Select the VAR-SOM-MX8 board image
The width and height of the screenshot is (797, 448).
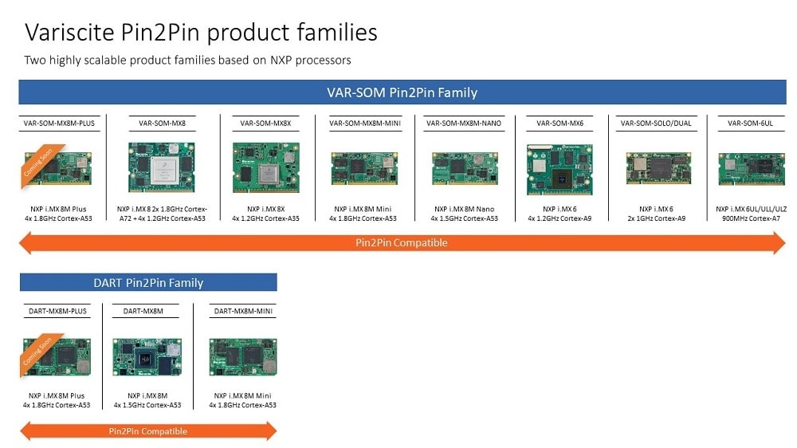pos(162,167)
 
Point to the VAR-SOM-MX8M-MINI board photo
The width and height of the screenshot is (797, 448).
pos(364,168)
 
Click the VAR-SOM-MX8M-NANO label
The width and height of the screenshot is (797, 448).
pos(463,124)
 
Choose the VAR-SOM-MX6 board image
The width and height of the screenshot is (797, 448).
pos(560,169)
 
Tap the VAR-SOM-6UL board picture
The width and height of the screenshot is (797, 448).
pos(751,168)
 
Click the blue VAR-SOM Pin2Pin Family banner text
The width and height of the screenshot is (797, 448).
pos(402,92)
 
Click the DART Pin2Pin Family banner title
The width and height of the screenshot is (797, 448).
pos(147,283)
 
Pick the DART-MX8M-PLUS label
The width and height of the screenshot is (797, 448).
pos(57,312)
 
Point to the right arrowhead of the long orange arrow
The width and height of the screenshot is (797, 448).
pos(779,242)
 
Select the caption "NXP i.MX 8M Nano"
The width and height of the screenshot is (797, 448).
pos(463,208)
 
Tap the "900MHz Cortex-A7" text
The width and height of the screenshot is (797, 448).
pos(751,218)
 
